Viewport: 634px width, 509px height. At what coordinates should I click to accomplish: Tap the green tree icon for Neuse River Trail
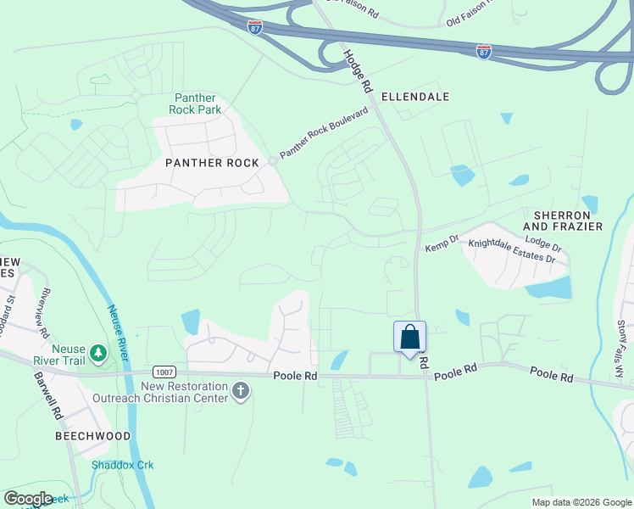99,351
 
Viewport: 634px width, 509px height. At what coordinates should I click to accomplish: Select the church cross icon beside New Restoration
241,391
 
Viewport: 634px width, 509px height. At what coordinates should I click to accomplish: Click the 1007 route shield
164,372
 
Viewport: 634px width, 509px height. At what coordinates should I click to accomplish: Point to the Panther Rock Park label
197,103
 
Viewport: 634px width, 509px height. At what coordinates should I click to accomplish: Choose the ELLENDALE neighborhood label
414,97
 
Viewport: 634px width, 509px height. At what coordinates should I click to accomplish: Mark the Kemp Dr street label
441,243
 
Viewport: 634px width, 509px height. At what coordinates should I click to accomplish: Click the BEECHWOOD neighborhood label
93,436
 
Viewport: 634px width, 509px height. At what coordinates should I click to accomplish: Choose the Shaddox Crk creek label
123,465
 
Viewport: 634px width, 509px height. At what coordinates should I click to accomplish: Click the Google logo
29,499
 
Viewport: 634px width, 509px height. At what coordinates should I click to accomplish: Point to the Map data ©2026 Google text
581,502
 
